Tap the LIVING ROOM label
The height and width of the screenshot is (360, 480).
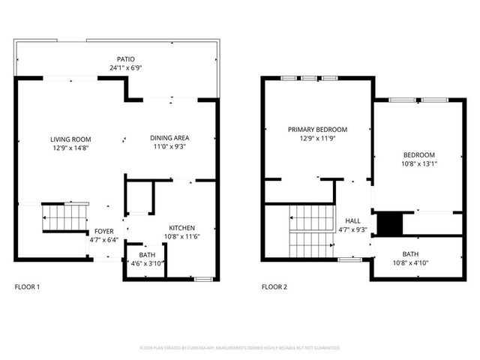[70, 139]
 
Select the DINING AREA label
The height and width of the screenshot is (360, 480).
[169, 138]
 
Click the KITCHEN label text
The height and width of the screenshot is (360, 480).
[181, 228]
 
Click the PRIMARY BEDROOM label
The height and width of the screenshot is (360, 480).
[317, 130]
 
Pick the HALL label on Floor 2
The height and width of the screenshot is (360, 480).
[352, 221]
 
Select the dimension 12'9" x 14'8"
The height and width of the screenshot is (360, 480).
[70, 148]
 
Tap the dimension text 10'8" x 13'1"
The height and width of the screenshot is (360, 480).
[419, 163]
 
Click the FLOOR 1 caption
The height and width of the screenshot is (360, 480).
[28, 287]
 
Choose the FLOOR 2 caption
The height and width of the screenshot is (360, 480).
[274, 287]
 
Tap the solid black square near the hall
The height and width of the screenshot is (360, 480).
[388, 223]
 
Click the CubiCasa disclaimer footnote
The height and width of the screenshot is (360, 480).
[240, 348]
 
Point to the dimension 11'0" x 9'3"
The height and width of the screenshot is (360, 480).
[169, 147]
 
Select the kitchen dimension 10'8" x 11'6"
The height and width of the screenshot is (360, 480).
[181, 237]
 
